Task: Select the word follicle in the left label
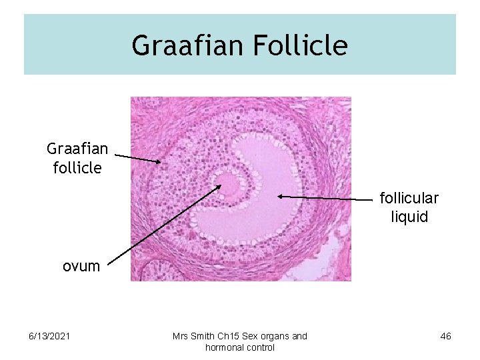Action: click(x=77, y=167)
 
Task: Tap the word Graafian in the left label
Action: click(x=77, y=148)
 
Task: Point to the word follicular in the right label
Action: click(x=409, y=198)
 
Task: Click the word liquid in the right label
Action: click(x=409, y=217)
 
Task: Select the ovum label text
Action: click(x=81, y=266)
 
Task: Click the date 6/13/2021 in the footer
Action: click(x=49, y=336)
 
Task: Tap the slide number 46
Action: click(x=445, y=336)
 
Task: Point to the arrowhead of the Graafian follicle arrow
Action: click(x=160, y=161)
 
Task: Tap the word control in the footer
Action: click(x=260, y=347)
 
